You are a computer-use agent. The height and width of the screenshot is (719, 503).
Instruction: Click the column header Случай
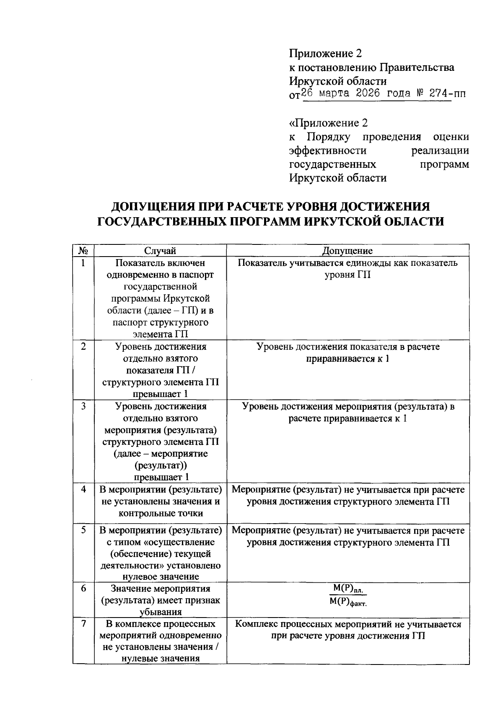click(x=160, y=251)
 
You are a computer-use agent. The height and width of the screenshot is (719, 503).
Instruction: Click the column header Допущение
click(x=347, y=251)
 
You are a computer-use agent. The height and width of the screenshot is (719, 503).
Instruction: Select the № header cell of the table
click(x=83, y=251)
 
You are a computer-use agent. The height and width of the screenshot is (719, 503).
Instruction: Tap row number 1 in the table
click(x=83, y=263)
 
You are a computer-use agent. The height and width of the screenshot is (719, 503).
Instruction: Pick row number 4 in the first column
click(x=83, y=489)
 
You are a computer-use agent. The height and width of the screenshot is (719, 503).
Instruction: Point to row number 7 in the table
click(x=83, y=624)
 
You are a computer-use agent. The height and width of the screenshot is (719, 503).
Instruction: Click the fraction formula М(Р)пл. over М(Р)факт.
click(x=347, y=595)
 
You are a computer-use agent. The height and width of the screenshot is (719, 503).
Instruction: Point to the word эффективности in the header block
click(x=328, y=151)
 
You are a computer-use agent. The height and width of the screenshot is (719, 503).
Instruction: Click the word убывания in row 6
click(x=160, y=612)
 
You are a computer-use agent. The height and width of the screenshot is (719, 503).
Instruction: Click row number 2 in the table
click(x=83, y=347)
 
